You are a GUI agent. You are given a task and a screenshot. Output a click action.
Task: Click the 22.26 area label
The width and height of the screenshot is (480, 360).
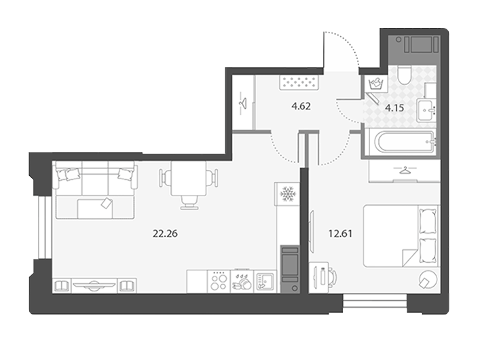pyautogui.click(x=165, y=234)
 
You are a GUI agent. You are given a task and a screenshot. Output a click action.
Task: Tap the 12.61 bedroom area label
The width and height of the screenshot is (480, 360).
pyautogui.click(x=340, y=234)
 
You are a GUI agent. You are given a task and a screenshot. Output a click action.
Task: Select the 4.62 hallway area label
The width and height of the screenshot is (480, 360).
pyautogui.click(x=301, y=107)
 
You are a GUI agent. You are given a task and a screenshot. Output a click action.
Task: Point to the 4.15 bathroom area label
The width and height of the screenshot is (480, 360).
pyautogui.click(x=394, y=108)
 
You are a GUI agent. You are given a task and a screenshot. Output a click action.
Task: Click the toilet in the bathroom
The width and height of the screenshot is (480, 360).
pyautogui.click(x=405, y=75)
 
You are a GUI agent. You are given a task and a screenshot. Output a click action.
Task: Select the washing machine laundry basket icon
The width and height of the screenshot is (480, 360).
pyautogui.click(x=376, y=84)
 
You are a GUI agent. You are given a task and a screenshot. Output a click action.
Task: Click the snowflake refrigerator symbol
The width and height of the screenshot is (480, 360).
pyautogui.click(x=287, y=193)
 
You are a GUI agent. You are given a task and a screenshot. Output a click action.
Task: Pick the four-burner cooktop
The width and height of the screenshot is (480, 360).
pyautogui.click(x=219, y=282)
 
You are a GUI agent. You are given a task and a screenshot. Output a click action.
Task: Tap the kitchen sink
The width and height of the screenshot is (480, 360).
pyautogui.click(x=265, y=282)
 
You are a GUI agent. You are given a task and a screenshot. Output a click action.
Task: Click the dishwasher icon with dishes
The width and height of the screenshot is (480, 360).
pyautogui.click(x=242, y=282)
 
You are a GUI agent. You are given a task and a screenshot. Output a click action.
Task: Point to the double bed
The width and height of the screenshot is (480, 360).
pyautogui.click(x=401, y=236)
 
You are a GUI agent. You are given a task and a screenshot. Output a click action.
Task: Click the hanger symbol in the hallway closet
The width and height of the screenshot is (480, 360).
pyautogui.click(x=243, y=103)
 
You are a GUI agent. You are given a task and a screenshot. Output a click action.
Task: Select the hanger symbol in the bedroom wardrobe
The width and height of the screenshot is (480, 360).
pyautogui.click(x=405, y=170)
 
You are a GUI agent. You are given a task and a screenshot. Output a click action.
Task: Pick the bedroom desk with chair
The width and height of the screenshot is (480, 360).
pyautogui.click(x=322, y=278)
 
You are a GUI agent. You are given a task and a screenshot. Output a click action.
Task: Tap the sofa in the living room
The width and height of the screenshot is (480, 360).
pyautogui.click(x=95, y=190)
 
